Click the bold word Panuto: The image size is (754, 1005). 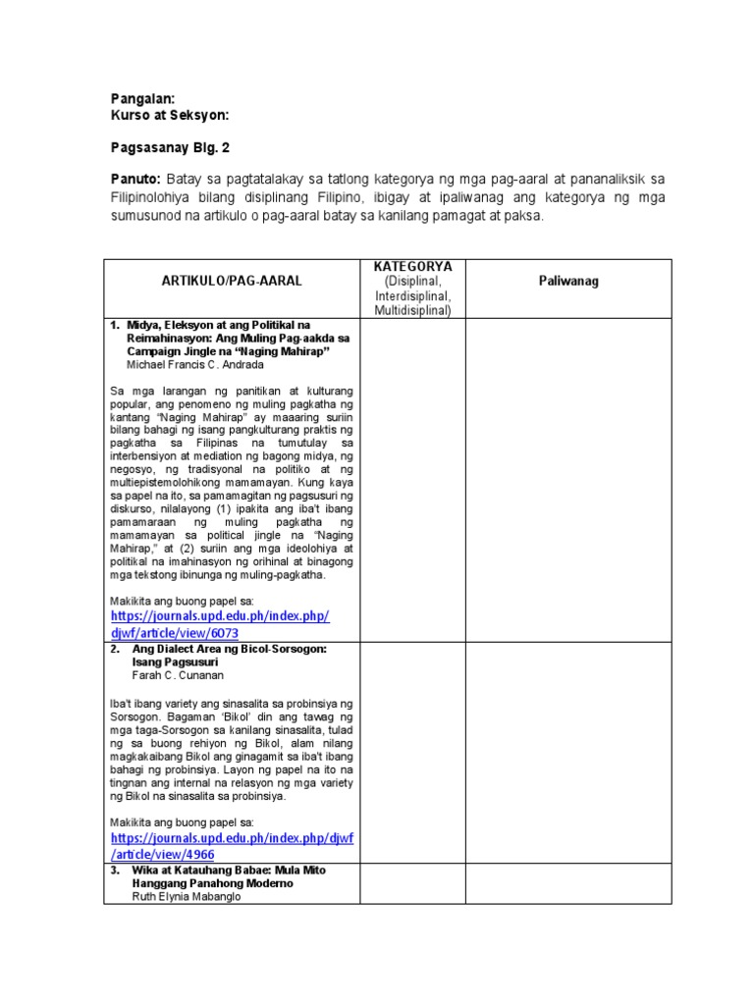click(x=134, y=180)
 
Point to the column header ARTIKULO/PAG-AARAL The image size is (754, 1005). click(x=232, y=281)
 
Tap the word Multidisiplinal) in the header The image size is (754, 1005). click(x=411, y=311)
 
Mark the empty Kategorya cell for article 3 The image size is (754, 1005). click(x=411, y=883)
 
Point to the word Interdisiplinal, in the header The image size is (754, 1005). click(x=410, y=296)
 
